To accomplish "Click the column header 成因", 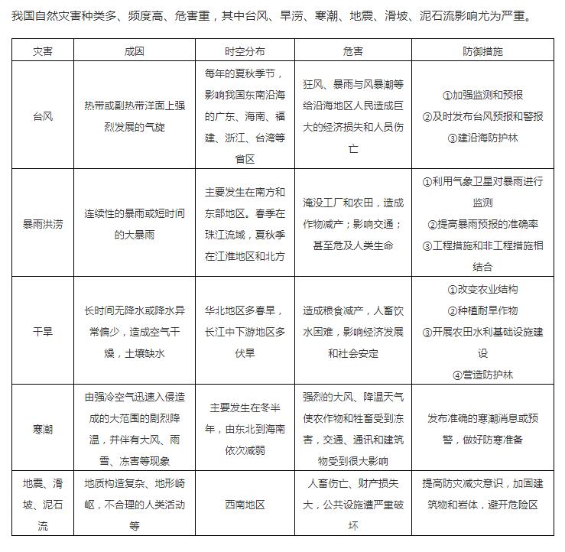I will tap(134, 51).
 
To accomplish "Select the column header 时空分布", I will tap(245, 51).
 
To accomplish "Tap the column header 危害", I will tap(353, 51).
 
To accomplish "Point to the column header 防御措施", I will tap(482, 51).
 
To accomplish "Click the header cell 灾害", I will tap(43, 51).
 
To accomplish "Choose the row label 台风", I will tap(43, 117).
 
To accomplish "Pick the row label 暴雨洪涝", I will tap(43, 224).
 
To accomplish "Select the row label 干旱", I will tap(43, 332).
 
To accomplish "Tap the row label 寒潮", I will tap(43, 429).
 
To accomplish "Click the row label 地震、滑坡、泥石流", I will tap(43, 505).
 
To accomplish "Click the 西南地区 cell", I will tap(245, 505).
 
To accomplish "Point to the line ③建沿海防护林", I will tap(482, 138).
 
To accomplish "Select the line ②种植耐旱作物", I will tap(482, 311).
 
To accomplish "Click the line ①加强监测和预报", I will tap(482, 96).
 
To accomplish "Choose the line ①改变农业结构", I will tap(482, 290).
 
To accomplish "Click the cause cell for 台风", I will tap(134, 117).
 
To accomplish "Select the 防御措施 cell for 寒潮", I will tap(482, 429).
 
